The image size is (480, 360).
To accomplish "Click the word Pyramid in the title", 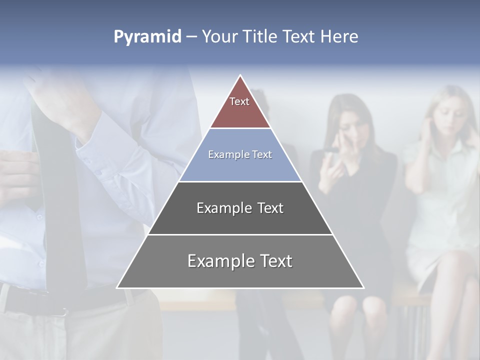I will click(147, 37).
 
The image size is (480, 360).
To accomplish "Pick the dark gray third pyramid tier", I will click(240, 220).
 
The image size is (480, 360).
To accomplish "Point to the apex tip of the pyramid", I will click(240, 76).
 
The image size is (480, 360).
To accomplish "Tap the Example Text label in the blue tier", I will click(240, 154).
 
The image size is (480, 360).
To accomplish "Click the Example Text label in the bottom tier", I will click(240, 261).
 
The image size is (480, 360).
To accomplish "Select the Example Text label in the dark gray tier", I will click(240, 208).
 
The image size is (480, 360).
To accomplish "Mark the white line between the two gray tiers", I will click(240, 234).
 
